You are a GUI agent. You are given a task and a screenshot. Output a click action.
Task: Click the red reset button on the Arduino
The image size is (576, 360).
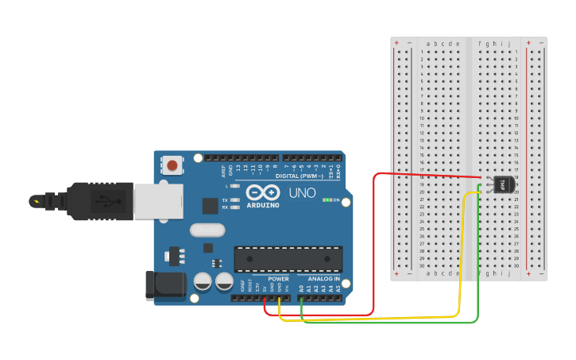(172, 165)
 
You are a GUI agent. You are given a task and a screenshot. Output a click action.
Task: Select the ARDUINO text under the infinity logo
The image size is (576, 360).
(263, 204)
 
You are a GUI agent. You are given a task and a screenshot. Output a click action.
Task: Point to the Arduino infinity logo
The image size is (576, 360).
(263, 192)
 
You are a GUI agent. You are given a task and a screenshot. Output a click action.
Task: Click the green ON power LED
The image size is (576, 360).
(326, 199)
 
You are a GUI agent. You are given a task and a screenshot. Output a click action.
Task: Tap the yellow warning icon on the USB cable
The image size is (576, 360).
(37, 200)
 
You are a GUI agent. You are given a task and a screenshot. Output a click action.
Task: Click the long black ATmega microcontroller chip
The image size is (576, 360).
(288, 259)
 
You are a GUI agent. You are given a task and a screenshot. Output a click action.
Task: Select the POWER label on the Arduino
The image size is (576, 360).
(278, 279)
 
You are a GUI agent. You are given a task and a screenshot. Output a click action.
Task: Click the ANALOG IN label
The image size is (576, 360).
(323, 279)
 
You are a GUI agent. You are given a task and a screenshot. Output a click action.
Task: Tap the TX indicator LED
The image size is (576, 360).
(234, 199)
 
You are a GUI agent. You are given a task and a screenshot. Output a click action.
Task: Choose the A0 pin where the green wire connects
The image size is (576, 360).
(302, 298)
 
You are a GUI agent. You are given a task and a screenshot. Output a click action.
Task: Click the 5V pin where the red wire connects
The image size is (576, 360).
(265, 298)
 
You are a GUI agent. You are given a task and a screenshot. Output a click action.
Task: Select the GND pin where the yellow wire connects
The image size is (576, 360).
(280, 298)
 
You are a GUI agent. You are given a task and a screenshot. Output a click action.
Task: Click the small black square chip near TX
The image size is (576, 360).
(210, 206)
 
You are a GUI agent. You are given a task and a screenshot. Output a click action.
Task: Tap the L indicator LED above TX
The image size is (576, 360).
(234, 186)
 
